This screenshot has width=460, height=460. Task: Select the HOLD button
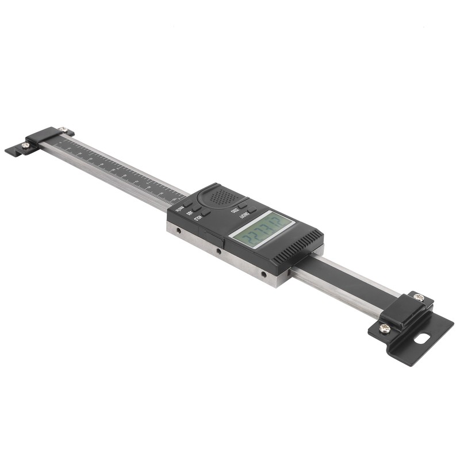206,213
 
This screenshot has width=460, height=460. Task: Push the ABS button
197,208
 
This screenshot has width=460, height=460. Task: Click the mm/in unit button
187,202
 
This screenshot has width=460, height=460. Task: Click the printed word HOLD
197,217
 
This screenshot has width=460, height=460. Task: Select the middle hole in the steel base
218,251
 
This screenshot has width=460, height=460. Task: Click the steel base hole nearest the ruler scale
178,231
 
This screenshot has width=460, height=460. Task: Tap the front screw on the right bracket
385,328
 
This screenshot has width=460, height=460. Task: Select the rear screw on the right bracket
419,297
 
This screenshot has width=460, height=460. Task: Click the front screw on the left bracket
26,145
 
